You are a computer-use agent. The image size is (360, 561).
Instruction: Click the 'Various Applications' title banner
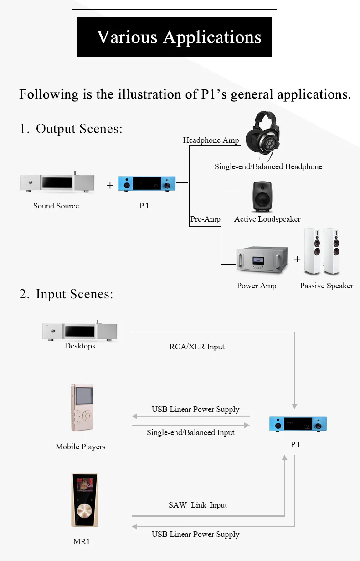pos(174,36)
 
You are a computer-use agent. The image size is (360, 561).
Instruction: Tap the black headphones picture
pos(262,135)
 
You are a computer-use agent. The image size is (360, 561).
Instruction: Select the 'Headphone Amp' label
pos(211,140)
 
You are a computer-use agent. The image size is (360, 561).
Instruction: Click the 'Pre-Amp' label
pos(205,219)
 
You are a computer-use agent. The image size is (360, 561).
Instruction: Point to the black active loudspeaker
pos(262,197)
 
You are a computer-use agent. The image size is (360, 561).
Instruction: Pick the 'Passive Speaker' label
pos(326,286)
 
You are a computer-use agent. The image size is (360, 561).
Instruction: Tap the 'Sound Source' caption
pos(56,206)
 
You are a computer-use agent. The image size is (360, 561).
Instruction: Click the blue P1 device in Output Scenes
pos(147,184)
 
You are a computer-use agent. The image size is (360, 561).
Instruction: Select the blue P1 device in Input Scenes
pos(298,424)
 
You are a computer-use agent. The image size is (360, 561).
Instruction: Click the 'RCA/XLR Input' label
pos(197,347)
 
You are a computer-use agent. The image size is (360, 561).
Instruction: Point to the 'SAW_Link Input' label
pos(198,505)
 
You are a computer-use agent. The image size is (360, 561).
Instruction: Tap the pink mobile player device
pos(82,407)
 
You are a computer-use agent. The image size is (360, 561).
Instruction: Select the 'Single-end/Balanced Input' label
pos(190,432)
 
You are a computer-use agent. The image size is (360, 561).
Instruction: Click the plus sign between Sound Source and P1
pos(110,186)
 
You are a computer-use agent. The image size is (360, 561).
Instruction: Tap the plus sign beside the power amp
pos(297,259)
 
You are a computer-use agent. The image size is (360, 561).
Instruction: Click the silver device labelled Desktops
pos(80,331)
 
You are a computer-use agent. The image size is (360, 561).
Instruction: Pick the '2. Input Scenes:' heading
pos(66,294)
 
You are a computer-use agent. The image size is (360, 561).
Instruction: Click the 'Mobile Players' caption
pos(80,447)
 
